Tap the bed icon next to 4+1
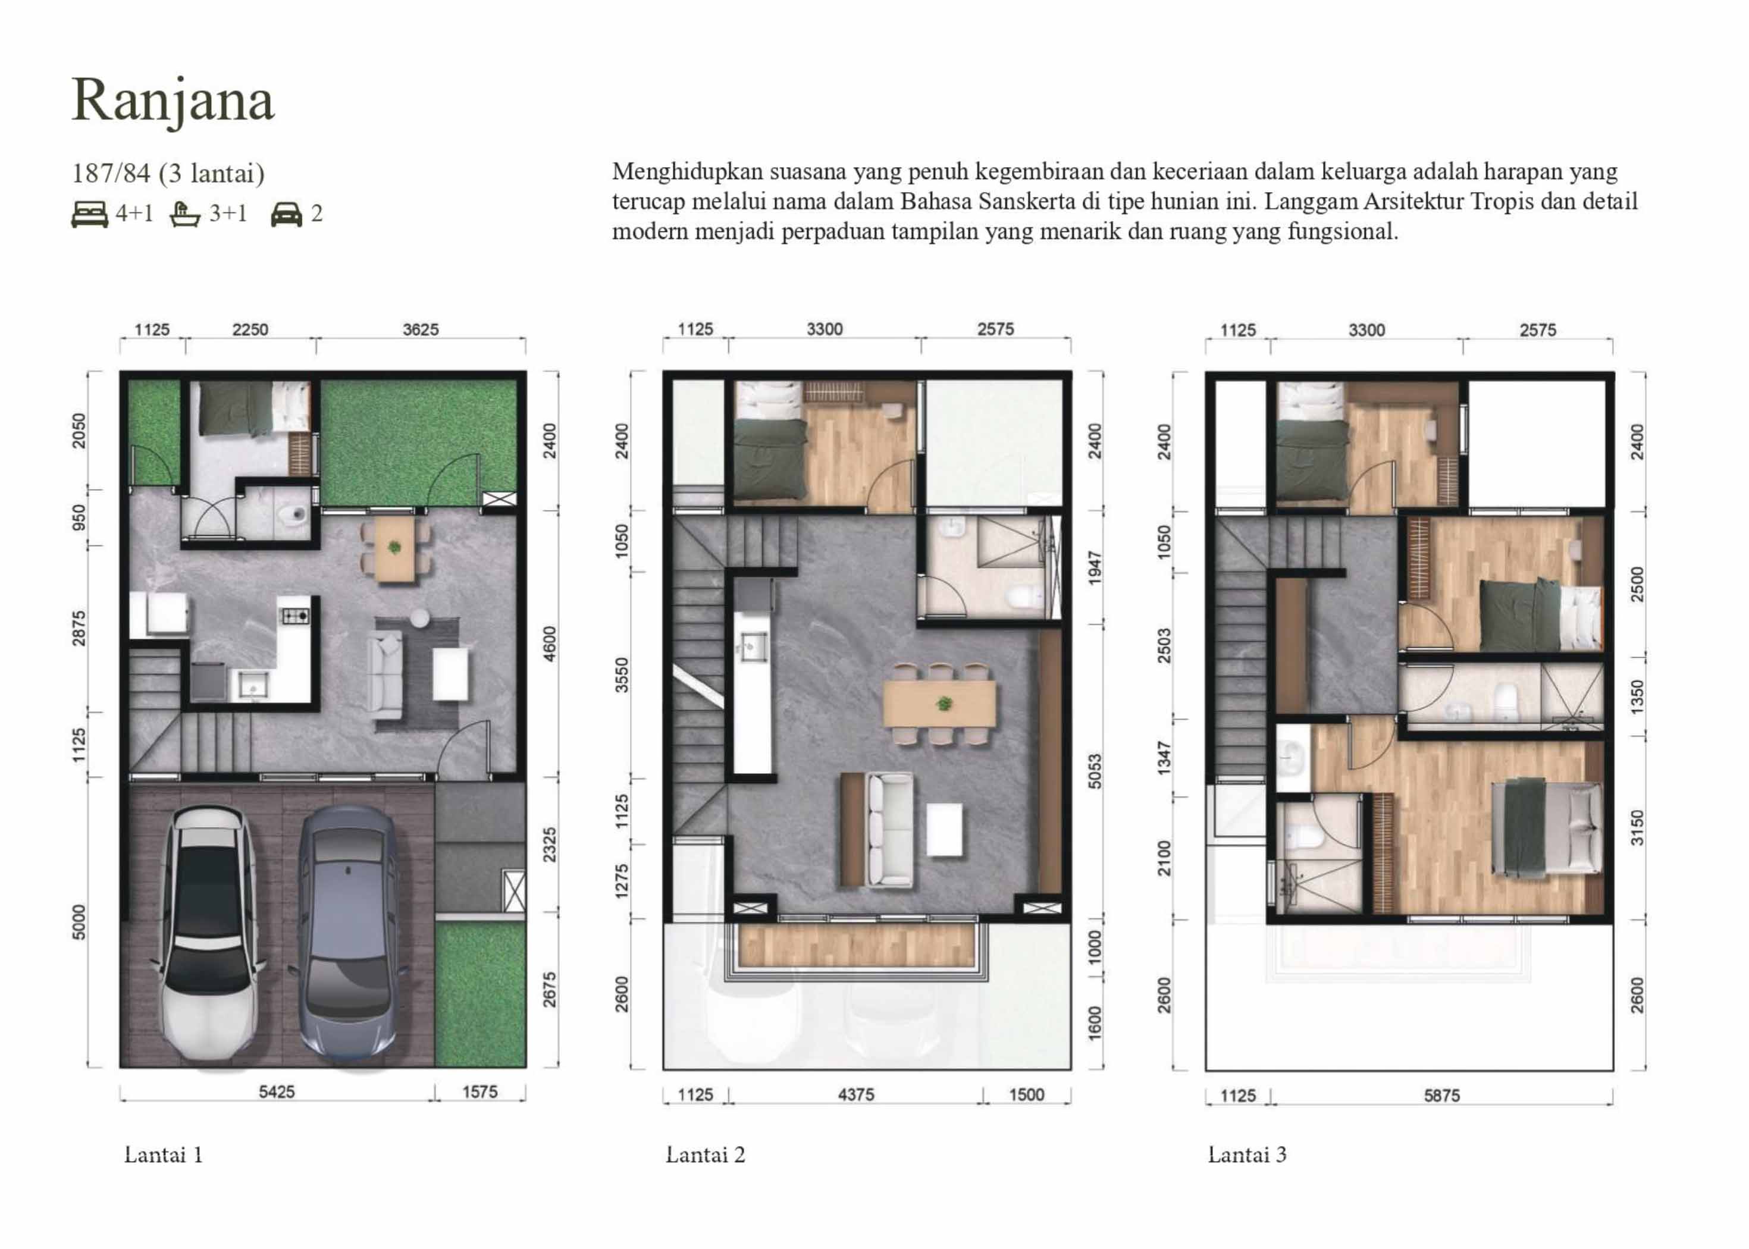tap(89, 215)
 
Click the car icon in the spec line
tap(286, 215)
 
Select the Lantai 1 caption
tap(164, 1155)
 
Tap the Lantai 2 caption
tap(706, 1155)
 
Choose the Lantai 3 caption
tap(1247, 1155)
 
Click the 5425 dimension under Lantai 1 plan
tap(276, 1092)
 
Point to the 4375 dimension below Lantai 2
tap(856, 1095)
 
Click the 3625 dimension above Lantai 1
tap(421, 330)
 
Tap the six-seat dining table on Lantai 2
tap(939, 704)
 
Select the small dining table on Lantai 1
tap(394, 548)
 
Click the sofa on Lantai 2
tap(890, 830)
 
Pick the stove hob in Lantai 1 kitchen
tap(294, 615)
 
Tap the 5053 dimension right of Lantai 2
tap(1095, 771)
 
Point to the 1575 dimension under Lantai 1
tap(480, 1092)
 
